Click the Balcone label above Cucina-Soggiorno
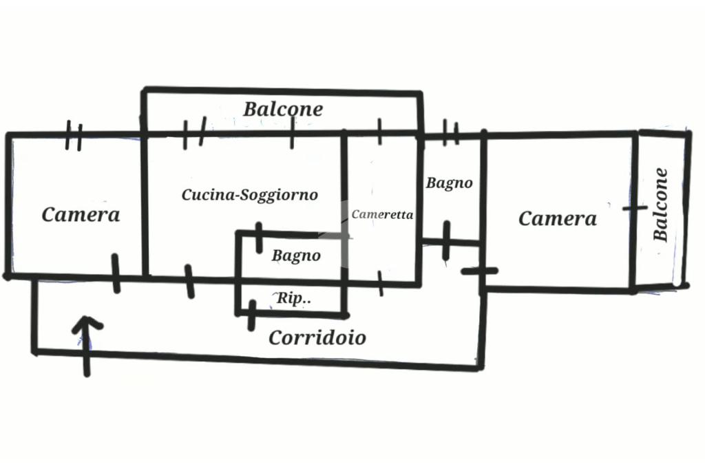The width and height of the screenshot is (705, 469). (283, 109)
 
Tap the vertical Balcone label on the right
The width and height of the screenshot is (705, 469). (661, 205)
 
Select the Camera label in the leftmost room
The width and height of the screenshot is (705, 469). (81, 214)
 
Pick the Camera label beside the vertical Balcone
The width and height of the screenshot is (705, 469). (557, 219)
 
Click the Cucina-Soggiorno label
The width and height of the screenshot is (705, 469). (250, 195)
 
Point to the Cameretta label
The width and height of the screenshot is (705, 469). (382, 214)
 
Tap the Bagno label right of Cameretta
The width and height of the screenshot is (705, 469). (449, 183)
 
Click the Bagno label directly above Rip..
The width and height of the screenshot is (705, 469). (296, 256)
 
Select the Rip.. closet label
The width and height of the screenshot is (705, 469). (294, 299)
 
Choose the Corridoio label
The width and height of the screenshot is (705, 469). (317, 338)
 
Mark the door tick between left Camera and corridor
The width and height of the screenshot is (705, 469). (116, 273)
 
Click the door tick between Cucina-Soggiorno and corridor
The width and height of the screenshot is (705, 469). (189, 281)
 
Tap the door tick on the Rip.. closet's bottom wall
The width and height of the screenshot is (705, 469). (252, 314)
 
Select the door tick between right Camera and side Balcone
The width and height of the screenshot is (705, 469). (634, 207)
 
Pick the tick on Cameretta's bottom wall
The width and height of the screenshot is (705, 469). (381, 283)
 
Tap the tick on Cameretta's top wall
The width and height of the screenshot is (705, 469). (379, 131)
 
